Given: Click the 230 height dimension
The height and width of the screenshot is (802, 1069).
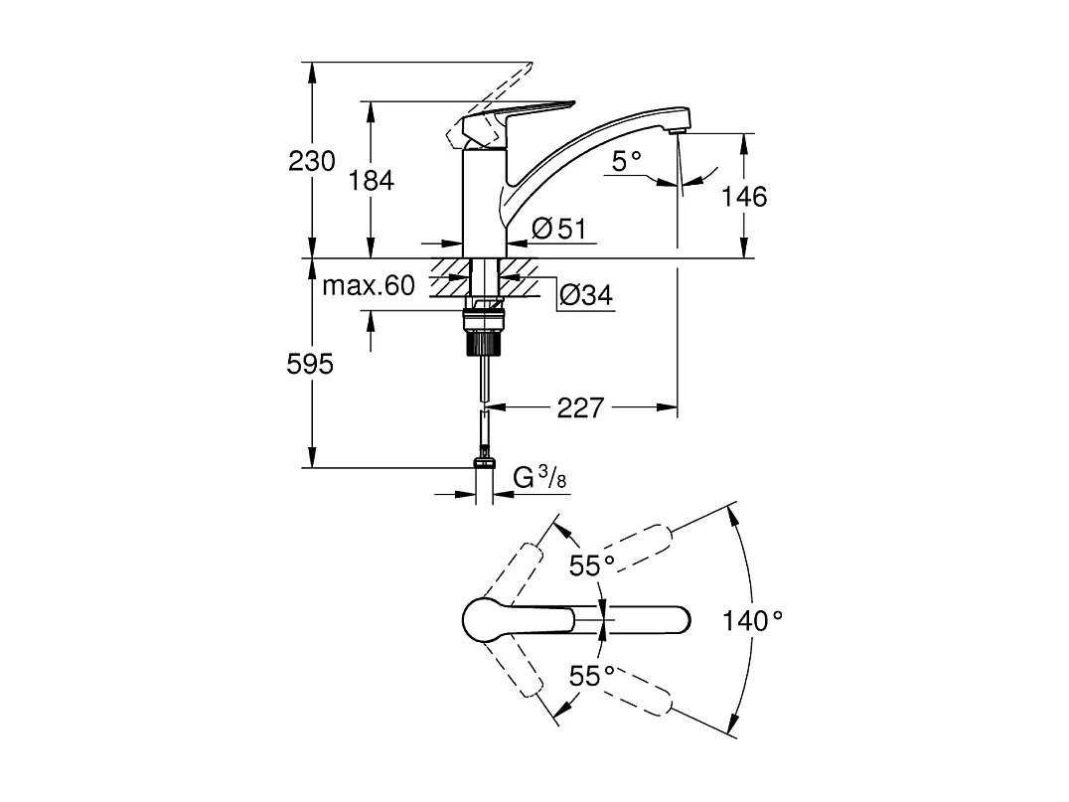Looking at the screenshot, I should pyautogui.click(x=312, y=161).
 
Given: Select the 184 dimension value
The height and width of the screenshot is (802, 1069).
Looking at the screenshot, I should pyautogui.click(x=372, y=181).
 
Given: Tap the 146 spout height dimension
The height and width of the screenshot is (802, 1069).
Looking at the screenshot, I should pyautogui.click(x=745, y=197).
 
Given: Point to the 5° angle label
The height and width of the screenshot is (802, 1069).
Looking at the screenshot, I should pyautogui.click(x=626, y=161).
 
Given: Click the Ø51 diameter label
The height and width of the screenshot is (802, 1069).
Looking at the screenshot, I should pyautogui.click(x=557, y=230).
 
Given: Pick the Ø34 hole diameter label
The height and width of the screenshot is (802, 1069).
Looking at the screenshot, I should pyautogui.click(x=584, y=295).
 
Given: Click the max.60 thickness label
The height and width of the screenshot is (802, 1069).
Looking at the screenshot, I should pyautogui.click(x=368, y=287).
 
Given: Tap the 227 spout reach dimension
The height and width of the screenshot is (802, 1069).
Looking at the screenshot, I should pyautogui.click(x=581, y=407).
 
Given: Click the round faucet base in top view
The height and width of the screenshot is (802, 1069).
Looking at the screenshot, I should pyautogui.click(x=487, y=620).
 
